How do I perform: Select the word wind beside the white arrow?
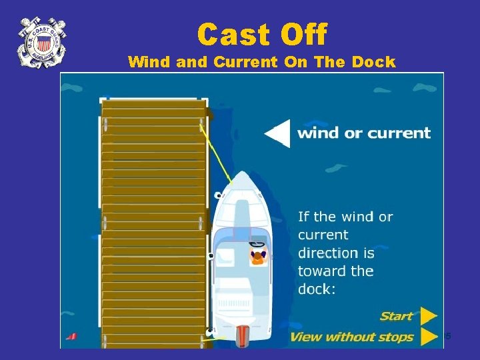click(319, 133)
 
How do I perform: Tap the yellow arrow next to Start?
click(429, 315)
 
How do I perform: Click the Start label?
click(397, 315)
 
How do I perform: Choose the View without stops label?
click(351, 337)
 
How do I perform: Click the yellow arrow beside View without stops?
click(429, 337)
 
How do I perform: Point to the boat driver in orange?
click(257, 255)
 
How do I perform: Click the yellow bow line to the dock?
click(217, 150)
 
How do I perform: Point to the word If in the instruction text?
click(303, 217)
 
